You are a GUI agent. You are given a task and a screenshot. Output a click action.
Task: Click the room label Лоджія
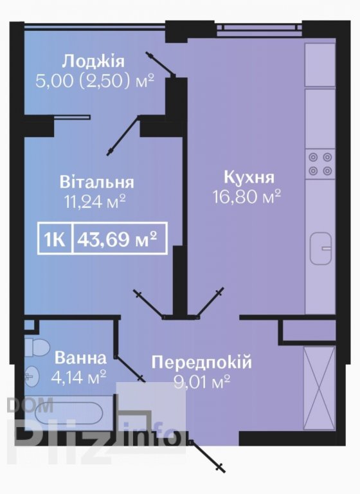[93, 62]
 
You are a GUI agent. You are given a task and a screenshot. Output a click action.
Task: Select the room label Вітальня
[96, 183]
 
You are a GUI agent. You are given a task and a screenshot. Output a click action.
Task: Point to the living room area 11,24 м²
[95, 201]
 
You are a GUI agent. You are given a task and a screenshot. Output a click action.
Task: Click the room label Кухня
[249, 178]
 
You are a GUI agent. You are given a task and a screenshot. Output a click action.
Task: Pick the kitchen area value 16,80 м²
[247, 197]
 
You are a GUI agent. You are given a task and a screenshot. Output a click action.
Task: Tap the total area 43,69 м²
[117, 239]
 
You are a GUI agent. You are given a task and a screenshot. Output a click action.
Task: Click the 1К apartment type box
[55, 239]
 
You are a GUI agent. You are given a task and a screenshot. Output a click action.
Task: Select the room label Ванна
[80, 358]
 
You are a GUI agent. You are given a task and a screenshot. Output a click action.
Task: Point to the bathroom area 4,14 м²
[78, 377]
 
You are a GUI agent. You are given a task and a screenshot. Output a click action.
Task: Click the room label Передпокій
[202, 362]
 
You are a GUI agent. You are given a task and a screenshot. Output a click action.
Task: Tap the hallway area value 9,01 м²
[202, 382]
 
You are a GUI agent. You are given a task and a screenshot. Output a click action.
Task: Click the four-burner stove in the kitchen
[320, 164]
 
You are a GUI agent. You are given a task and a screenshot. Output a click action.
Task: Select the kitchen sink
[321, 248]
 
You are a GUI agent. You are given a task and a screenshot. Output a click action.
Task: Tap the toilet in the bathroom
[37, 347]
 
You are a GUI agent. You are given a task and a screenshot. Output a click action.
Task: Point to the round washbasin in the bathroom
[32, 376]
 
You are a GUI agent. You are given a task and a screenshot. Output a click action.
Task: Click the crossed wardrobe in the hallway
[319, 388]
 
